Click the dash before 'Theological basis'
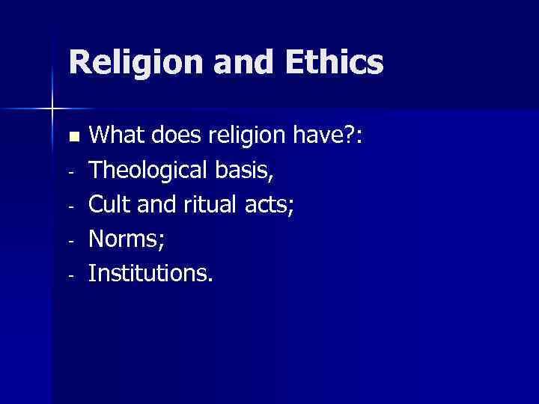(x=70, y=172)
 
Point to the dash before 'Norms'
(x=70, y=241)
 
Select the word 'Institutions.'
(x=150, y=274)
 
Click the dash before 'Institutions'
(x=70, y=275)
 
